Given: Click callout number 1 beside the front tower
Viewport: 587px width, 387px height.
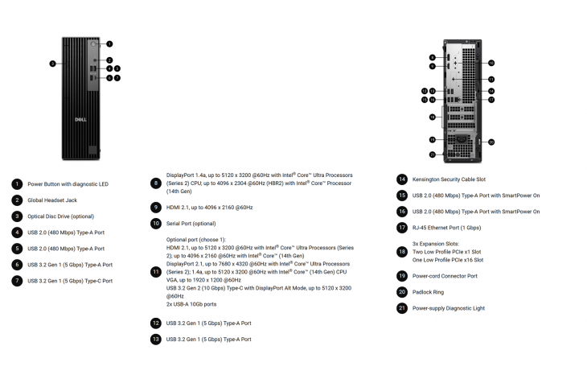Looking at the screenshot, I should (x=109, y=43).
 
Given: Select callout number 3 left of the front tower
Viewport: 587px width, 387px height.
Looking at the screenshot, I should (x=52, y=63).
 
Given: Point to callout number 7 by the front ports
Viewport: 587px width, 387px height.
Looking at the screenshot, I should (x=117, y=78).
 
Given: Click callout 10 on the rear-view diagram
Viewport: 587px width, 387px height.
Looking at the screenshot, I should (x=491, y=63).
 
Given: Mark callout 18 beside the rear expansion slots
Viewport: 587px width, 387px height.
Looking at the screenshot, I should (x=432, y=117).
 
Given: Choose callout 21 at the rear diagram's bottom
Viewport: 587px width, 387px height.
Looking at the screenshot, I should (x=432, y=154).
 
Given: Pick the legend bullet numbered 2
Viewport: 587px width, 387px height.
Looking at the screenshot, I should (x=17, y=200).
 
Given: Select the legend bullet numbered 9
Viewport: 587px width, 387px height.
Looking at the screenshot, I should (x=156, y=208).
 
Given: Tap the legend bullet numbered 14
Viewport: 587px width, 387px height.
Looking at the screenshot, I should (x=402, y=179).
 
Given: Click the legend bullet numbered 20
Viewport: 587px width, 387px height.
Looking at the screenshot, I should (x=402, y=292).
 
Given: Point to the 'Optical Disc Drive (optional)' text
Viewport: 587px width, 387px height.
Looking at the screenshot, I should (x=60, y=216).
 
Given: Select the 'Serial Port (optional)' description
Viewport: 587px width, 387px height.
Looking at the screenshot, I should (x=191, y=223).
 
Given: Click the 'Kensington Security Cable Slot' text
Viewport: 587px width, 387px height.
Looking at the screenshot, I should (x=449, y=179).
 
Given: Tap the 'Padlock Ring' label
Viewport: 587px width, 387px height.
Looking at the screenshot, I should (x=428, y=292).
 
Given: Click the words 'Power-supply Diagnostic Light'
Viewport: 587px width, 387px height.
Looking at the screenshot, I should (x=449, y=308).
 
